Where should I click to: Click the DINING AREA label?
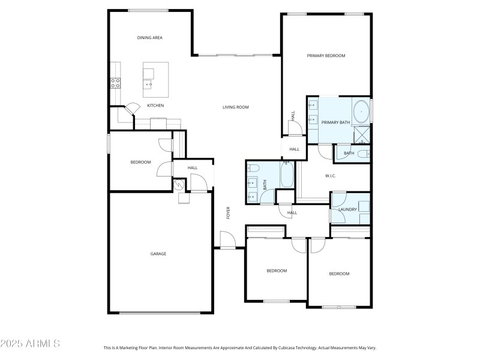pyautogui.click(x=149, y=38)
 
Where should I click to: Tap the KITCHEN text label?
pyautogui.click(x=155, y=106)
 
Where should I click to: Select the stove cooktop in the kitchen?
pyautogui.click(x=115, y=83)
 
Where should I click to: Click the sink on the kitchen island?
pyautogui.click(x=148, y=85)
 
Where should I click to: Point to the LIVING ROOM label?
pyautogui.click(x=235, y=107)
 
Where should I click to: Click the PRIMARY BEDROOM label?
pyautogui.click(x=326, y=56)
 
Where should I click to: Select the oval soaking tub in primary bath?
pyautogui.click(x=362, y=112)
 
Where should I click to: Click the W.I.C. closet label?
pyautogui.click(x=330, y=176)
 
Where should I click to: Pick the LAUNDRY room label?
pyautogui.click(x=348, y=209)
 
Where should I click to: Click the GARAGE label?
pyautogui.click(x=158, y=254)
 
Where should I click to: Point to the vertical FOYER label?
pyautogui.click(x=228, y=213)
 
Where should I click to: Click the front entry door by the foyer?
pyautogui.click(x=228, y=241)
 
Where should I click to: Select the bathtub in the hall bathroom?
pyautogui.click(x=287, y=175)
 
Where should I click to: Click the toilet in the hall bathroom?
pyautogui.click(x=253, y=167)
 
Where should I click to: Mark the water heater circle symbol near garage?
pyautogui.click(x=179, y=185)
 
